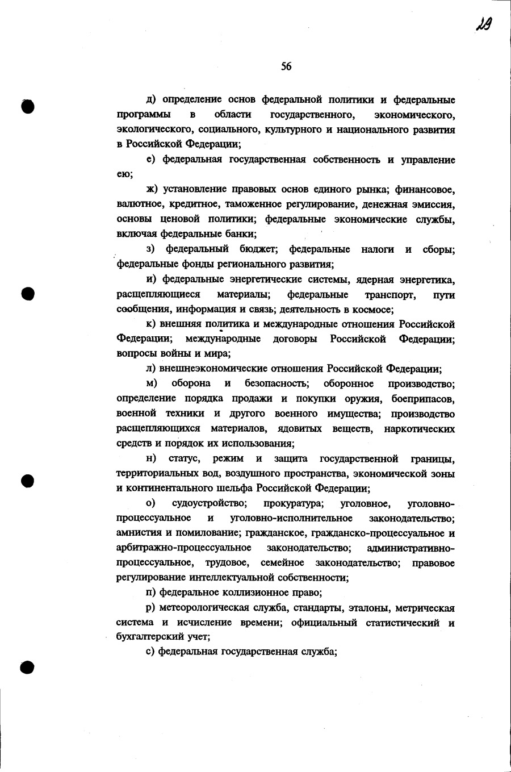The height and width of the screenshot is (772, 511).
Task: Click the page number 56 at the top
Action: (286, 67)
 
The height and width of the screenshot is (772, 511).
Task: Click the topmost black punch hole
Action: (27, 106)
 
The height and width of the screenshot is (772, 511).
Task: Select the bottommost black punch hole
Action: (27, 666)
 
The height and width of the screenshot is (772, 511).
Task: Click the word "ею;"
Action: (125, 174)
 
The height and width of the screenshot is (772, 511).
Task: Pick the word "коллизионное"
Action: (259, 593)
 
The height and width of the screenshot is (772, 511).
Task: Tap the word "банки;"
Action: (241, 233)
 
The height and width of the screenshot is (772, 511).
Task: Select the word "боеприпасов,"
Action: (422, 398)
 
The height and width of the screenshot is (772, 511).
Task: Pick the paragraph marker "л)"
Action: (151, 368)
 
